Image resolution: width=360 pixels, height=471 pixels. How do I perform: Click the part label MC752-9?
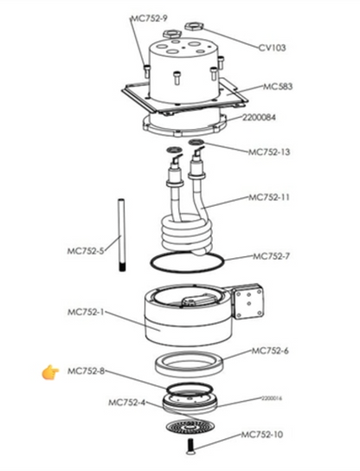tap(149, 17)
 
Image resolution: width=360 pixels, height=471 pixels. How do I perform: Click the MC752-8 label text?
tap(85, 371)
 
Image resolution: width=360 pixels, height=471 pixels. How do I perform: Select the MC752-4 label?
tap(126, 403)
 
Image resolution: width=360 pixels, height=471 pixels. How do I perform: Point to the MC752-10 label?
tap(263, 435)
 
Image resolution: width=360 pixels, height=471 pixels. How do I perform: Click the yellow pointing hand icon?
tap(49, 372)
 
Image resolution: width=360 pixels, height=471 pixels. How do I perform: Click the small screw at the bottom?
tap(190, 446)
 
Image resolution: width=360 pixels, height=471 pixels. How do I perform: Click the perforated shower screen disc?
tap(190, 426)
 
